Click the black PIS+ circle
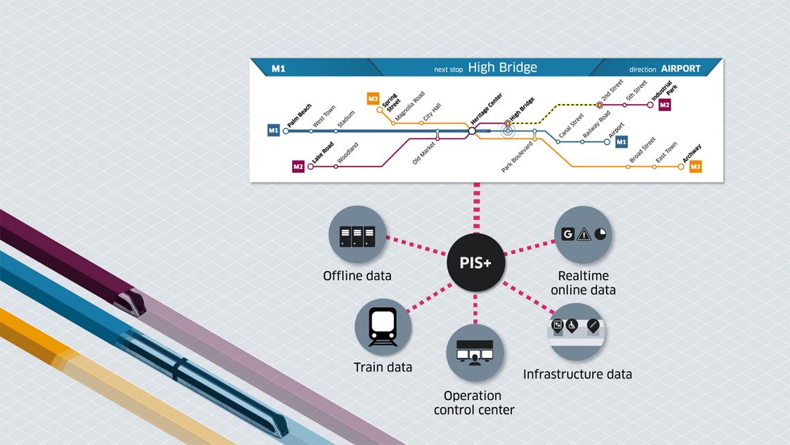click(475, 262)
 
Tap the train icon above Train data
click(383, 327)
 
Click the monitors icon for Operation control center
click(475, 352)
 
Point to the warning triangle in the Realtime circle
click(584, 234)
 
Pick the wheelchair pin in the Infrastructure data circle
click(572, 325)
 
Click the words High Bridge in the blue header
click(502, 67)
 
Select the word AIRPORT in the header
click(680, 69)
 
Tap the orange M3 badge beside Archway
click(695, 167)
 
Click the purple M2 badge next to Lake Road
click(298, 167)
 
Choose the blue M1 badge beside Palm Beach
click(273, 130)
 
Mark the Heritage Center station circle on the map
click(472, 131)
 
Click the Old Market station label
click(423, 153)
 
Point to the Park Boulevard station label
click(517, 157)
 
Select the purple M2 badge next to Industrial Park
click(664, 105)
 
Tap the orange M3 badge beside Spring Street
click(373, 98)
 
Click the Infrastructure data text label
click(577, 375)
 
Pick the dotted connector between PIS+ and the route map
click(477, 208)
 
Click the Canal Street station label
click(572, 126)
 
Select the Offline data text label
click(357, 276)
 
